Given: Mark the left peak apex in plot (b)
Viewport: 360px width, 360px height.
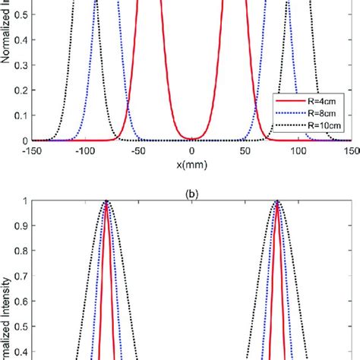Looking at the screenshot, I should coord(106,202).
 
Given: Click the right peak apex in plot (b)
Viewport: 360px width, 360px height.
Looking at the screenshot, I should coord(277,202).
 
